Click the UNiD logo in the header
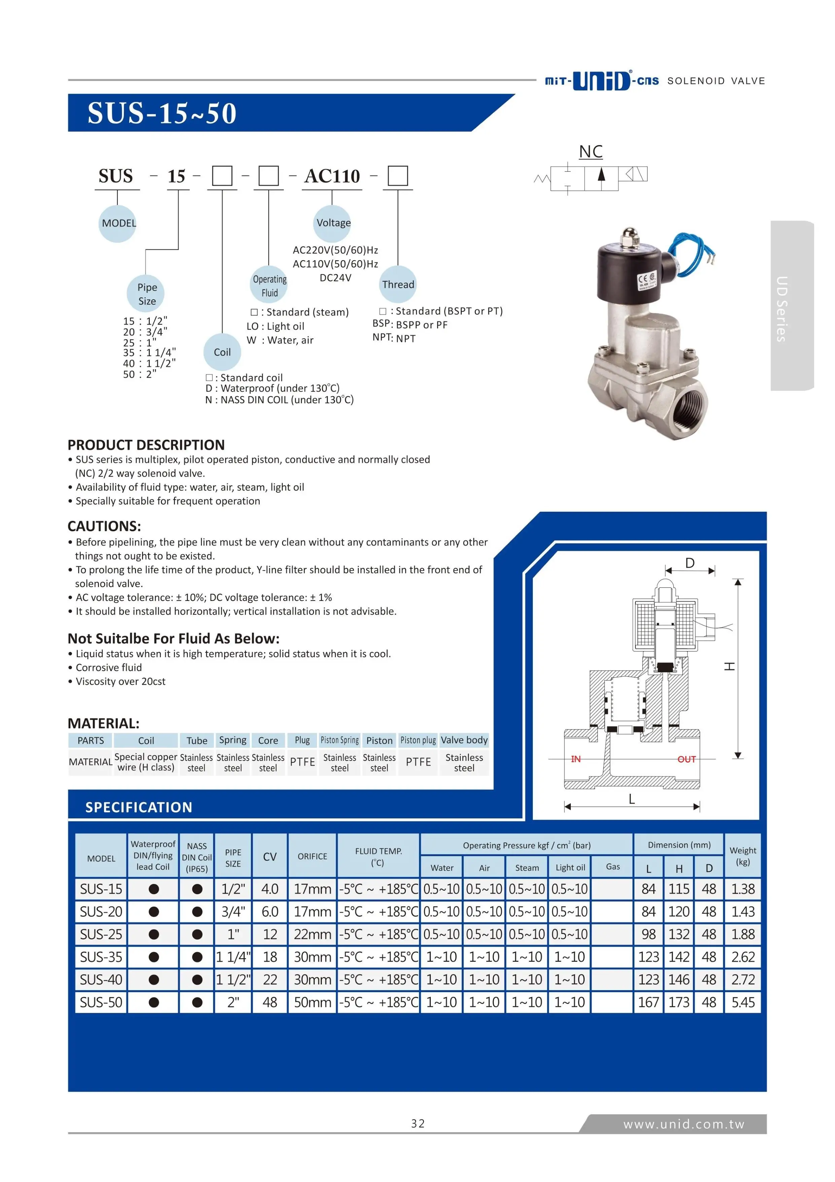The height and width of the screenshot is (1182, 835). click(601, 81)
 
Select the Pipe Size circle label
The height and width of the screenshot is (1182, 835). click(147, 294)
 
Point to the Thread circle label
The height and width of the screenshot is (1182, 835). click(397, 284)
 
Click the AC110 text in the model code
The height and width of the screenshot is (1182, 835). click(332, 176)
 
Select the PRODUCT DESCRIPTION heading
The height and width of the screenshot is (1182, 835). click(146, 445)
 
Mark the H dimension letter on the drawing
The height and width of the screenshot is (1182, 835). click(729, 666)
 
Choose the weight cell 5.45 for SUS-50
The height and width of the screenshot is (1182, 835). click(742, 1002)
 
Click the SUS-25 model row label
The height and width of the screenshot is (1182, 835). click(101, 934)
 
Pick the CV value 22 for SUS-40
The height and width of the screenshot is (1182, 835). click(270, 979)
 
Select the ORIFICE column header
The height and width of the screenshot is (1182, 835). click(312, 856)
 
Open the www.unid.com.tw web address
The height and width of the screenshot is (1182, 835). click(683, 1124)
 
